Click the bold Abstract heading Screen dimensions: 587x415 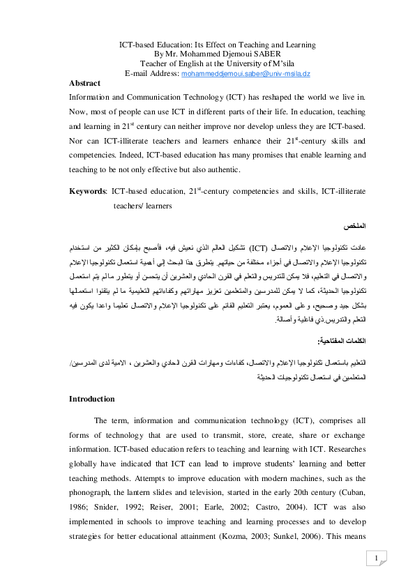[x=84, y=83]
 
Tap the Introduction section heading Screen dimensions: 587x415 [x=92, y=399]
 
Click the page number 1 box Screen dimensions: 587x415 [x=376, y=559]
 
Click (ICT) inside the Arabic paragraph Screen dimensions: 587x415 [x=259, y=247]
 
